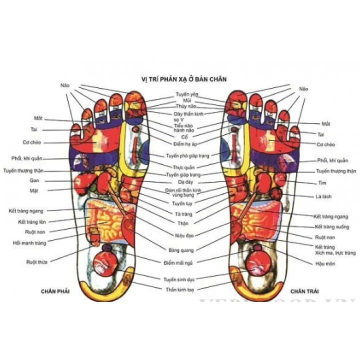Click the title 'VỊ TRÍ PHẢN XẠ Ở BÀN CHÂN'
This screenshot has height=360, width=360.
click(x=180, y=78)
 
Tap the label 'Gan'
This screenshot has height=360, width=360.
click(x=35, y=180)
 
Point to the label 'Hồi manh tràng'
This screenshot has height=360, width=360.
click(x=29, y=243)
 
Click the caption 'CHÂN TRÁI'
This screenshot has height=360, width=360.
click(x=304, y=290)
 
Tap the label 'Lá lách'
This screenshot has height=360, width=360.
click(x=324, y=196)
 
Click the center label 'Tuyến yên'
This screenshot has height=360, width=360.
click(x=186, y=94)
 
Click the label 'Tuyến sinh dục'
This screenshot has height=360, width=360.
click(x=179, y=279)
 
